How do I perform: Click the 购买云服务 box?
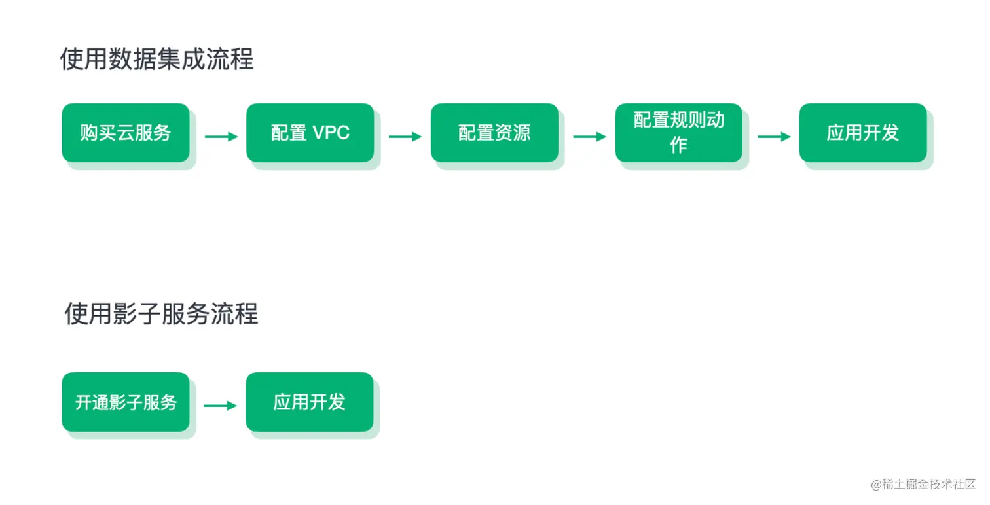[x=126, y=133]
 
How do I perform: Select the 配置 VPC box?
[x=310, y=133]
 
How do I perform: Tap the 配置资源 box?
[x=494, y=133]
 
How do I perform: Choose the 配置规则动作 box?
[x=678, y=133]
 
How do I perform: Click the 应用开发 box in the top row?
[x=863, y=133]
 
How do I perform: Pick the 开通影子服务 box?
[x=126, y=402]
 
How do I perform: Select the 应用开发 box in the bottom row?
[x=310, y=402]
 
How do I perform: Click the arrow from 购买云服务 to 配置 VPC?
[x=221, y=137]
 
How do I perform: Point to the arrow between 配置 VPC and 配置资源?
[x=405, y=137]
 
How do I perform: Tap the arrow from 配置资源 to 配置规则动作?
[x=589, y=137]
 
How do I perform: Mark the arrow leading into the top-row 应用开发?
[x=774, y=137]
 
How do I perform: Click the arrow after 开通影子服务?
[x=220, y=406]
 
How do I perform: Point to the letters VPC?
[x=331, y=133]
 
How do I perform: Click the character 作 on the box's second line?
[x=678, y=145]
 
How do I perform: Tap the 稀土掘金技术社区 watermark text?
[x=929, y=485]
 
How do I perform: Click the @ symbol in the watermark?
[x=876, y=485]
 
